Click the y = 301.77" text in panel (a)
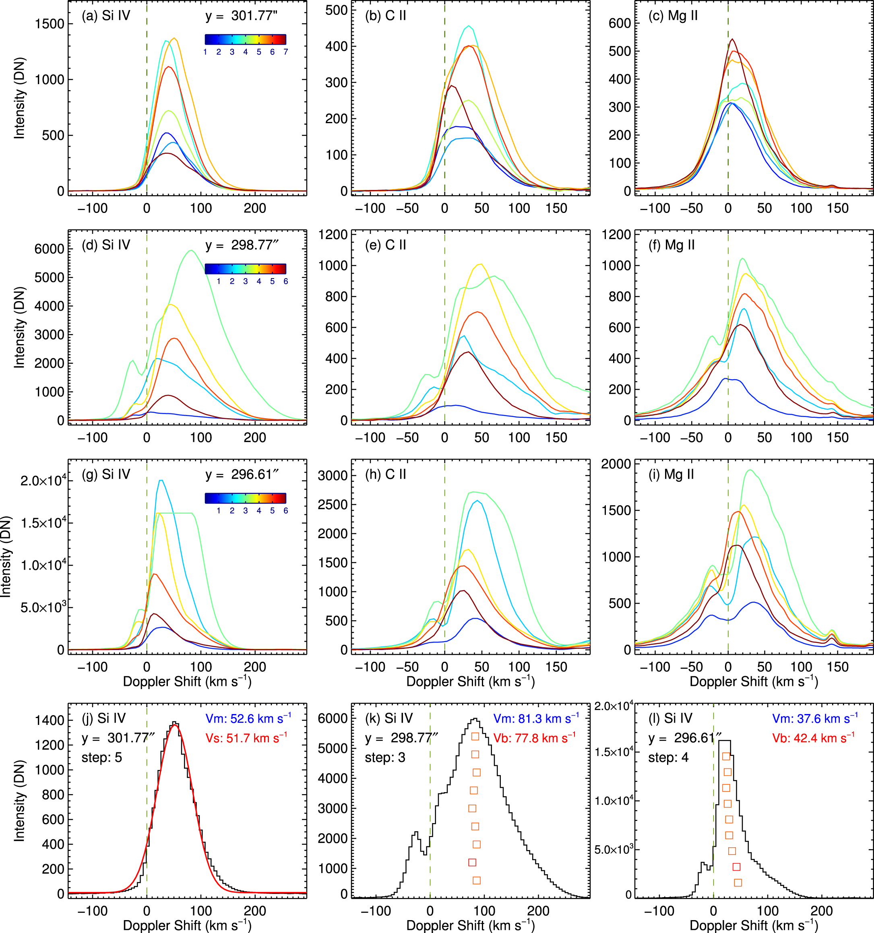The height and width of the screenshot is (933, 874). pos(241,16)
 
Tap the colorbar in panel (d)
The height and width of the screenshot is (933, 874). pos(245,268)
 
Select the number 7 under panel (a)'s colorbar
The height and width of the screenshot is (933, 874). pos(285,52)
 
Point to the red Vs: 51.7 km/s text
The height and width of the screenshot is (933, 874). pos(246,738)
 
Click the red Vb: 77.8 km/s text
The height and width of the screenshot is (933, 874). pos(534,738)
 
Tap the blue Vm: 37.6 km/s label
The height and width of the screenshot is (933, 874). pos(815,718)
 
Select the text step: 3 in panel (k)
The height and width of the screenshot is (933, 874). pos(385,758)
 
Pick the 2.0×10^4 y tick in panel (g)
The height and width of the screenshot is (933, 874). pos(43,481)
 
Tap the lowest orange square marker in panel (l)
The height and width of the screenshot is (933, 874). pos(738,883)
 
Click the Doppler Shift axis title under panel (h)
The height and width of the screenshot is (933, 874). pos(470,681)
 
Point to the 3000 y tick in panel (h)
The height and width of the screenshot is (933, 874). pos(333,475)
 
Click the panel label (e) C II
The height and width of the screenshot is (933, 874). pos(385,245)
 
